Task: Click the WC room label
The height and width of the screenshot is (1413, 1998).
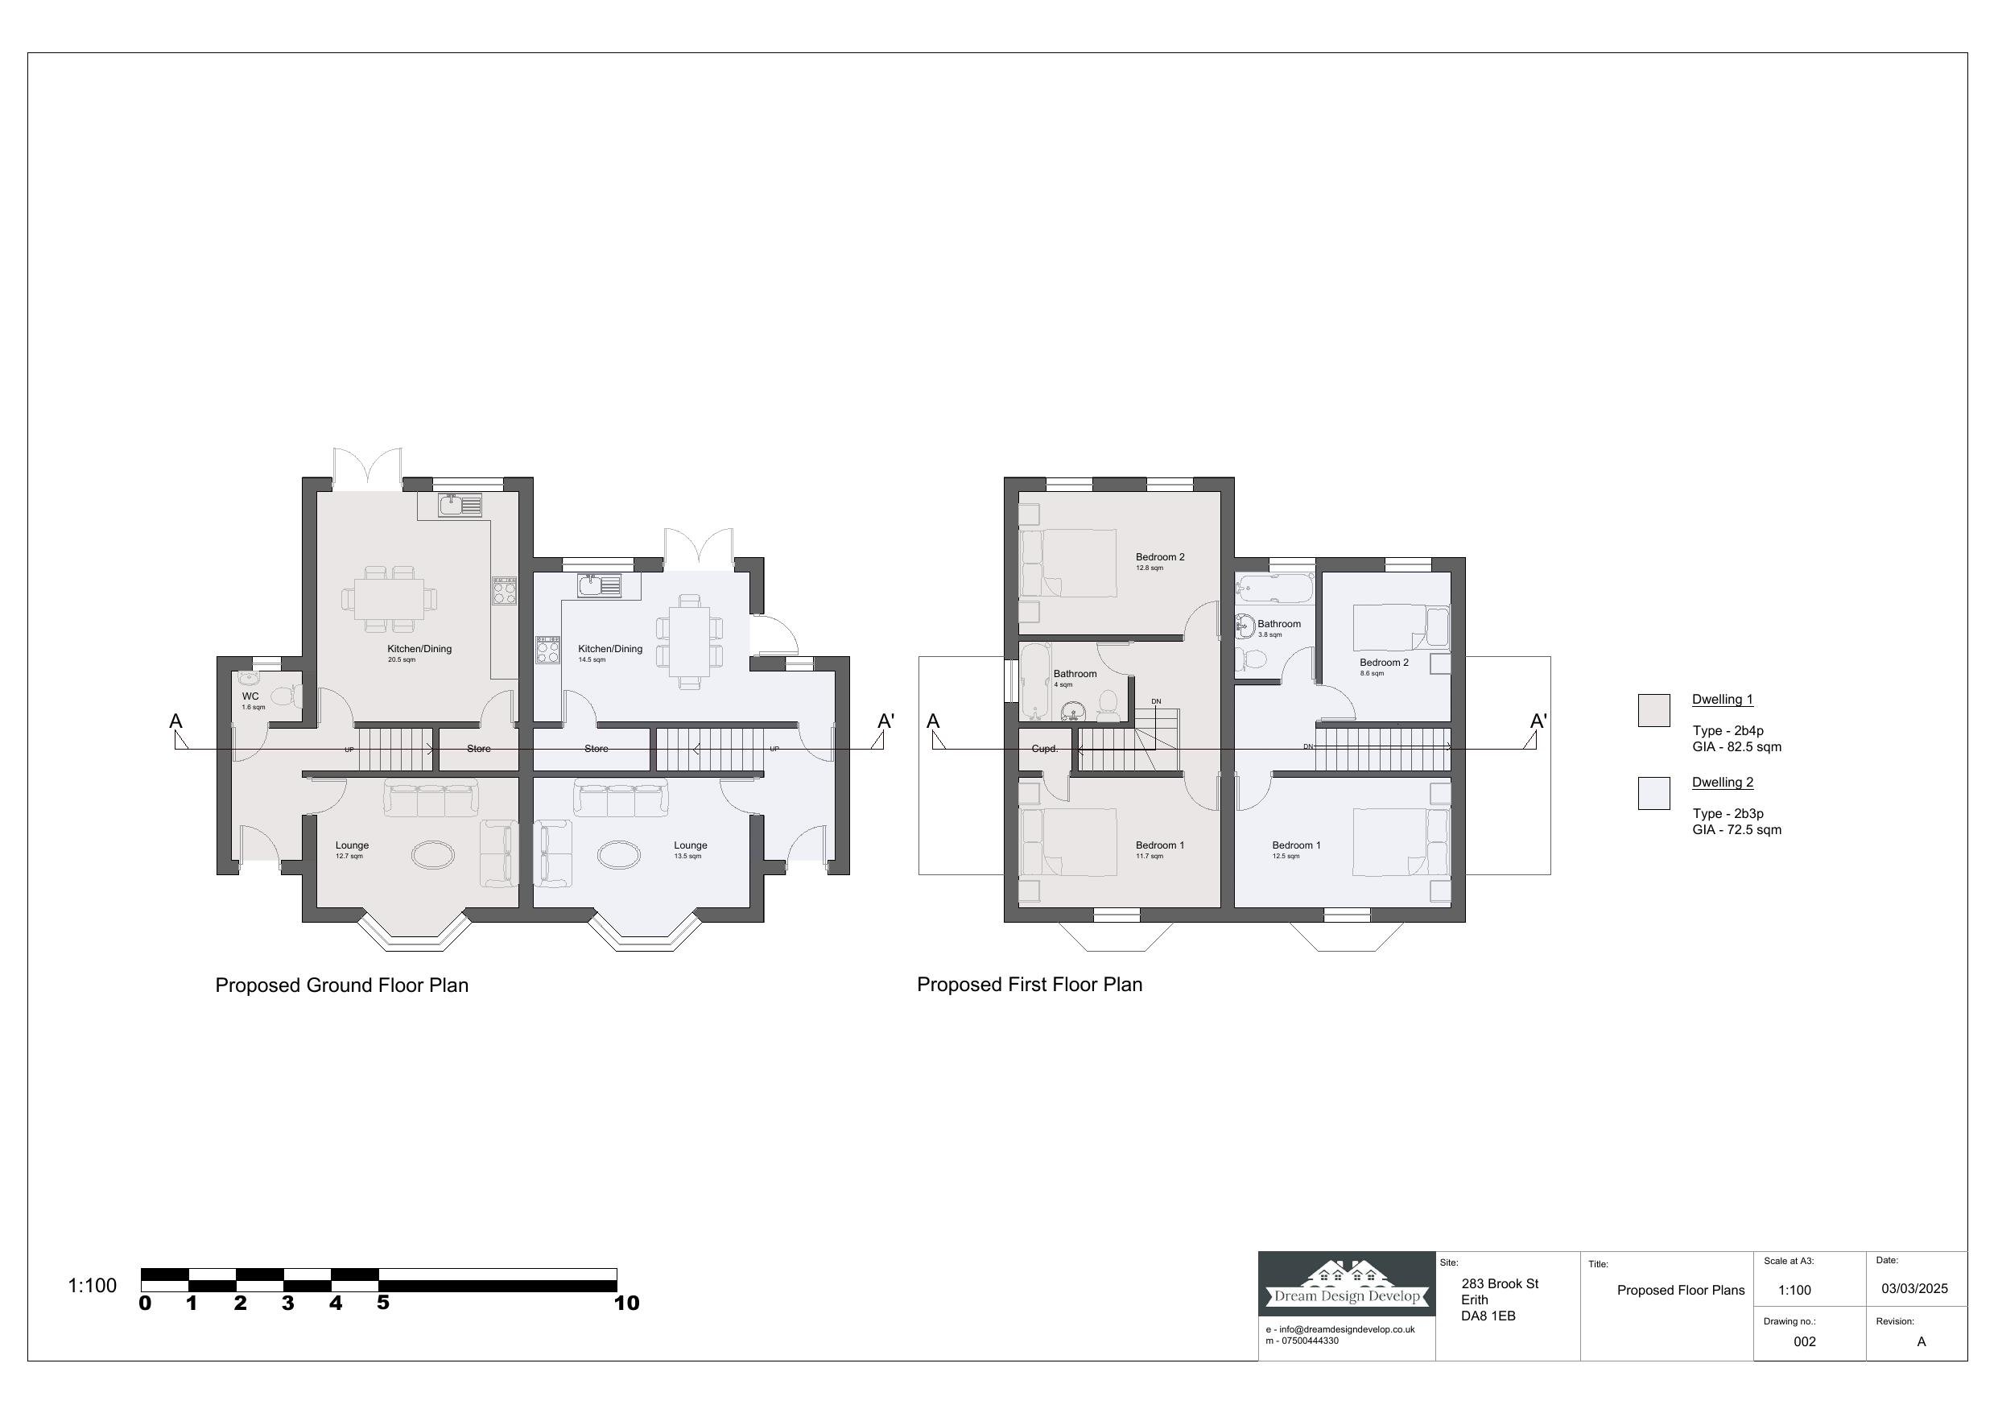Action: pos(250,696)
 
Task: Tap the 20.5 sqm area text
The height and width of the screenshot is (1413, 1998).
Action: pos(401,660)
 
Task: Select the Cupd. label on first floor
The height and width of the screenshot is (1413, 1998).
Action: pos(1044,749)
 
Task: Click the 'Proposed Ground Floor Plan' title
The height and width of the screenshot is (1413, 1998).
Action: pos(342,985)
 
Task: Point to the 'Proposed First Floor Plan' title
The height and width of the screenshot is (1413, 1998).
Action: pos(1030,985)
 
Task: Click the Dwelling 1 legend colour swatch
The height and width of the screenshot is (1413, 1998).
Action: pos(1653,710)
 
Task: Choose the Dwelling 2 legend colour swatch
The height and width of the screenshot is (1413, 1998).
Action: pos(1653,793)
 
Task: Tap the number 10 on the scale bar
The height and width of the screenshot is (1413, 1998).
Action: pos(626,1304)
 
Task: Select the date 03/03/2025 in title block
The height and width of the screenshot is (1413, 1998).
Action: pos(1914,1288)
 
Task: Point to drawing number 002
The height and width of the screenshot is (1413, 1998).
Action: pos(1805,1341)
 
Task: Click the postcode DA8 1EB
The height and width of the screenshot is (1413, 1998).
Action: pos(1488,1316)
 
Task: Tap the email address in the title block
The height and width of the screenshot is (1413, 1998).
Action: pos(1340,1329)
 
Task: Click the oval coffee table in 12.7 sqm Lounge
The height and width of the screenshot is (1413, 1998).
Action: pos(432,855)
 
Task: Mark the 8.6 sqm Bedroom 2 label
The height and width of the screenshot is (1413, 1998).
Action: pos(1384,663)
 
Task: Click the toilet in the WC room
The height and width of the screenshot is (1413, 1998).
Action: pos(283,696)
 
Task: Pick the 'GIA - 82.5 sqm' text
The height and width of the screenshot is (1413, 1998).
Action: pos(1736,747)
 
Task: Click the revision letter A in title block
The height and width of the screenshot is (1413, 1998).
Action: pos(1921,1341)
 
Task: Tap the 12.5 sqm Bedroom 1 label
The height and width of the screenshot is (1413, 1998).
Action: pos(1296,845)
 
